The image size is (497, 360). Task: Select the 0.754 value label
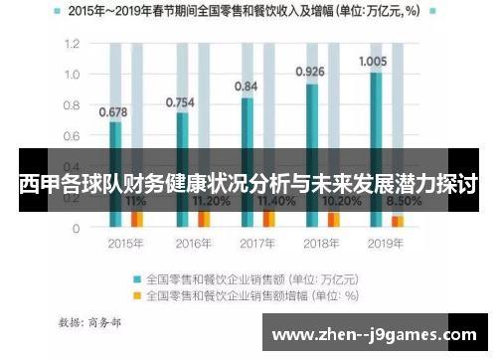click(180, 101)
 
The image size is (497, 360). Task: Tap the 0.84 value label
click(246, 87)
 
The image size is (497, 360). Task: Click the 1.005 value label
click(373, 61)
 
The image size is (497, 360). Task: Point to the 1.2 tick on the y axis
click(72, 45)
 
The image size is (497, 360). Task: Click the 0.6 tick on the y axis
click(72, 136)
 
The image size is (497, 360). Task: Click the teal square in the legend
click(137, 278)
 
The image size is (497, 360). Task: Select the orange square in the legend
click(137, 295)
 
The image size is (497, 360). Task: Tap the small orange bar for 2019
click(398, 222)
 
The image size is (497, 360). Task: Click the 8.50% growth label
click(402, 200)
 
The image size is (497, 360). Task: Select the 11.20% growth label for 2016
click(207, 200)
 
